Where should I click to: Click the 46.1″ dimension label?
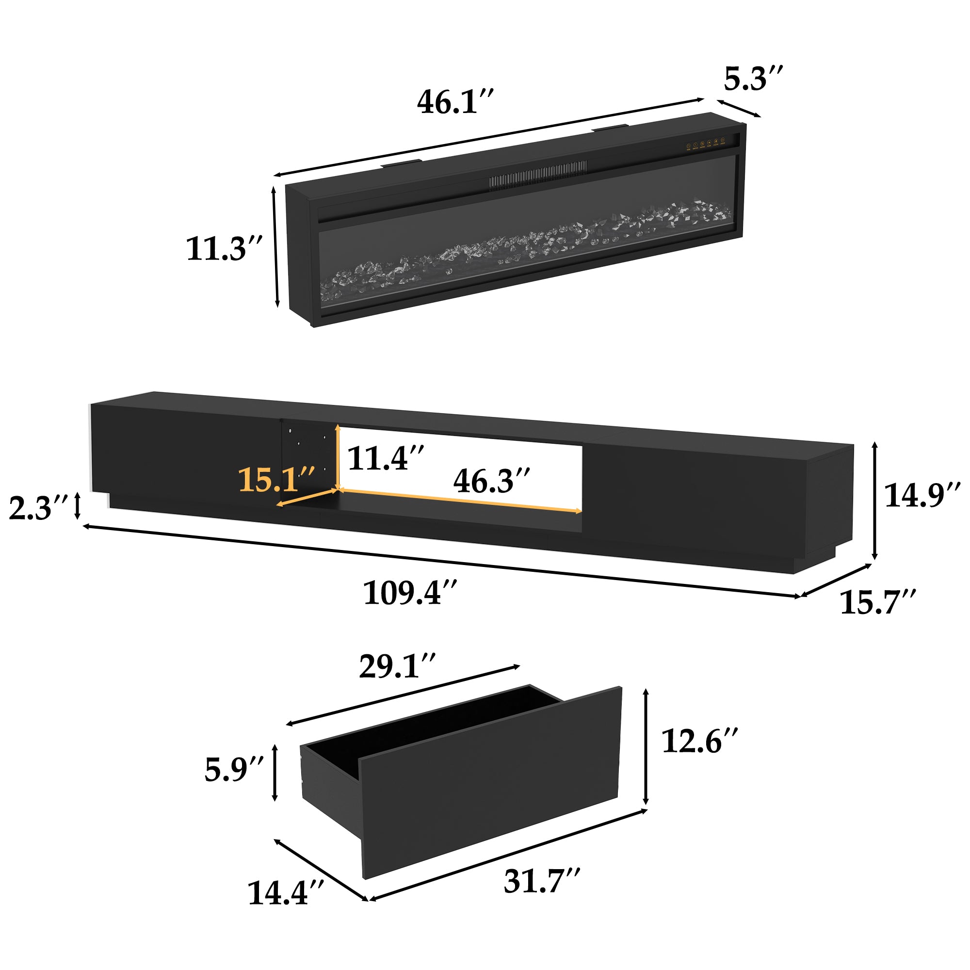(x=455, y=102)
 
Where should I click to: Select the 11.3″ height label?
(x=224, y=248)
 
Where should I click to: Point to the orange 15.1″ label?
(x=276, y=480)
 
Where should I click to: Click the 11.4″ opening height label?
(x=386, y=458)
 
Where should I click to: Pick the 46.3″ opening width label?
(x=491, y=481)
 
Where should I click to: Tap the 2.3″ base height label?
(x=38, y=508)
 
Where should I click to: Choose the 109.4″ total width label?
(x=410, y=593)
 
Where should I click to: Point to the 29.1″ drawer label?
(x=397, y=667)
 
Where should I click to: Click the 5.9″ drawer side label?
(x=233, y=770)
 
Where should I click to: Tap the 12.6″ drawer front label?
(x=699, y=741)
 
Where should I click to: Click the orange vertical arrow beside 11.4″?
(x=339, y=456)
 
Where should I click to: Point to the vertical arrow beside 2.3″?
(x=77, y=506)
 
